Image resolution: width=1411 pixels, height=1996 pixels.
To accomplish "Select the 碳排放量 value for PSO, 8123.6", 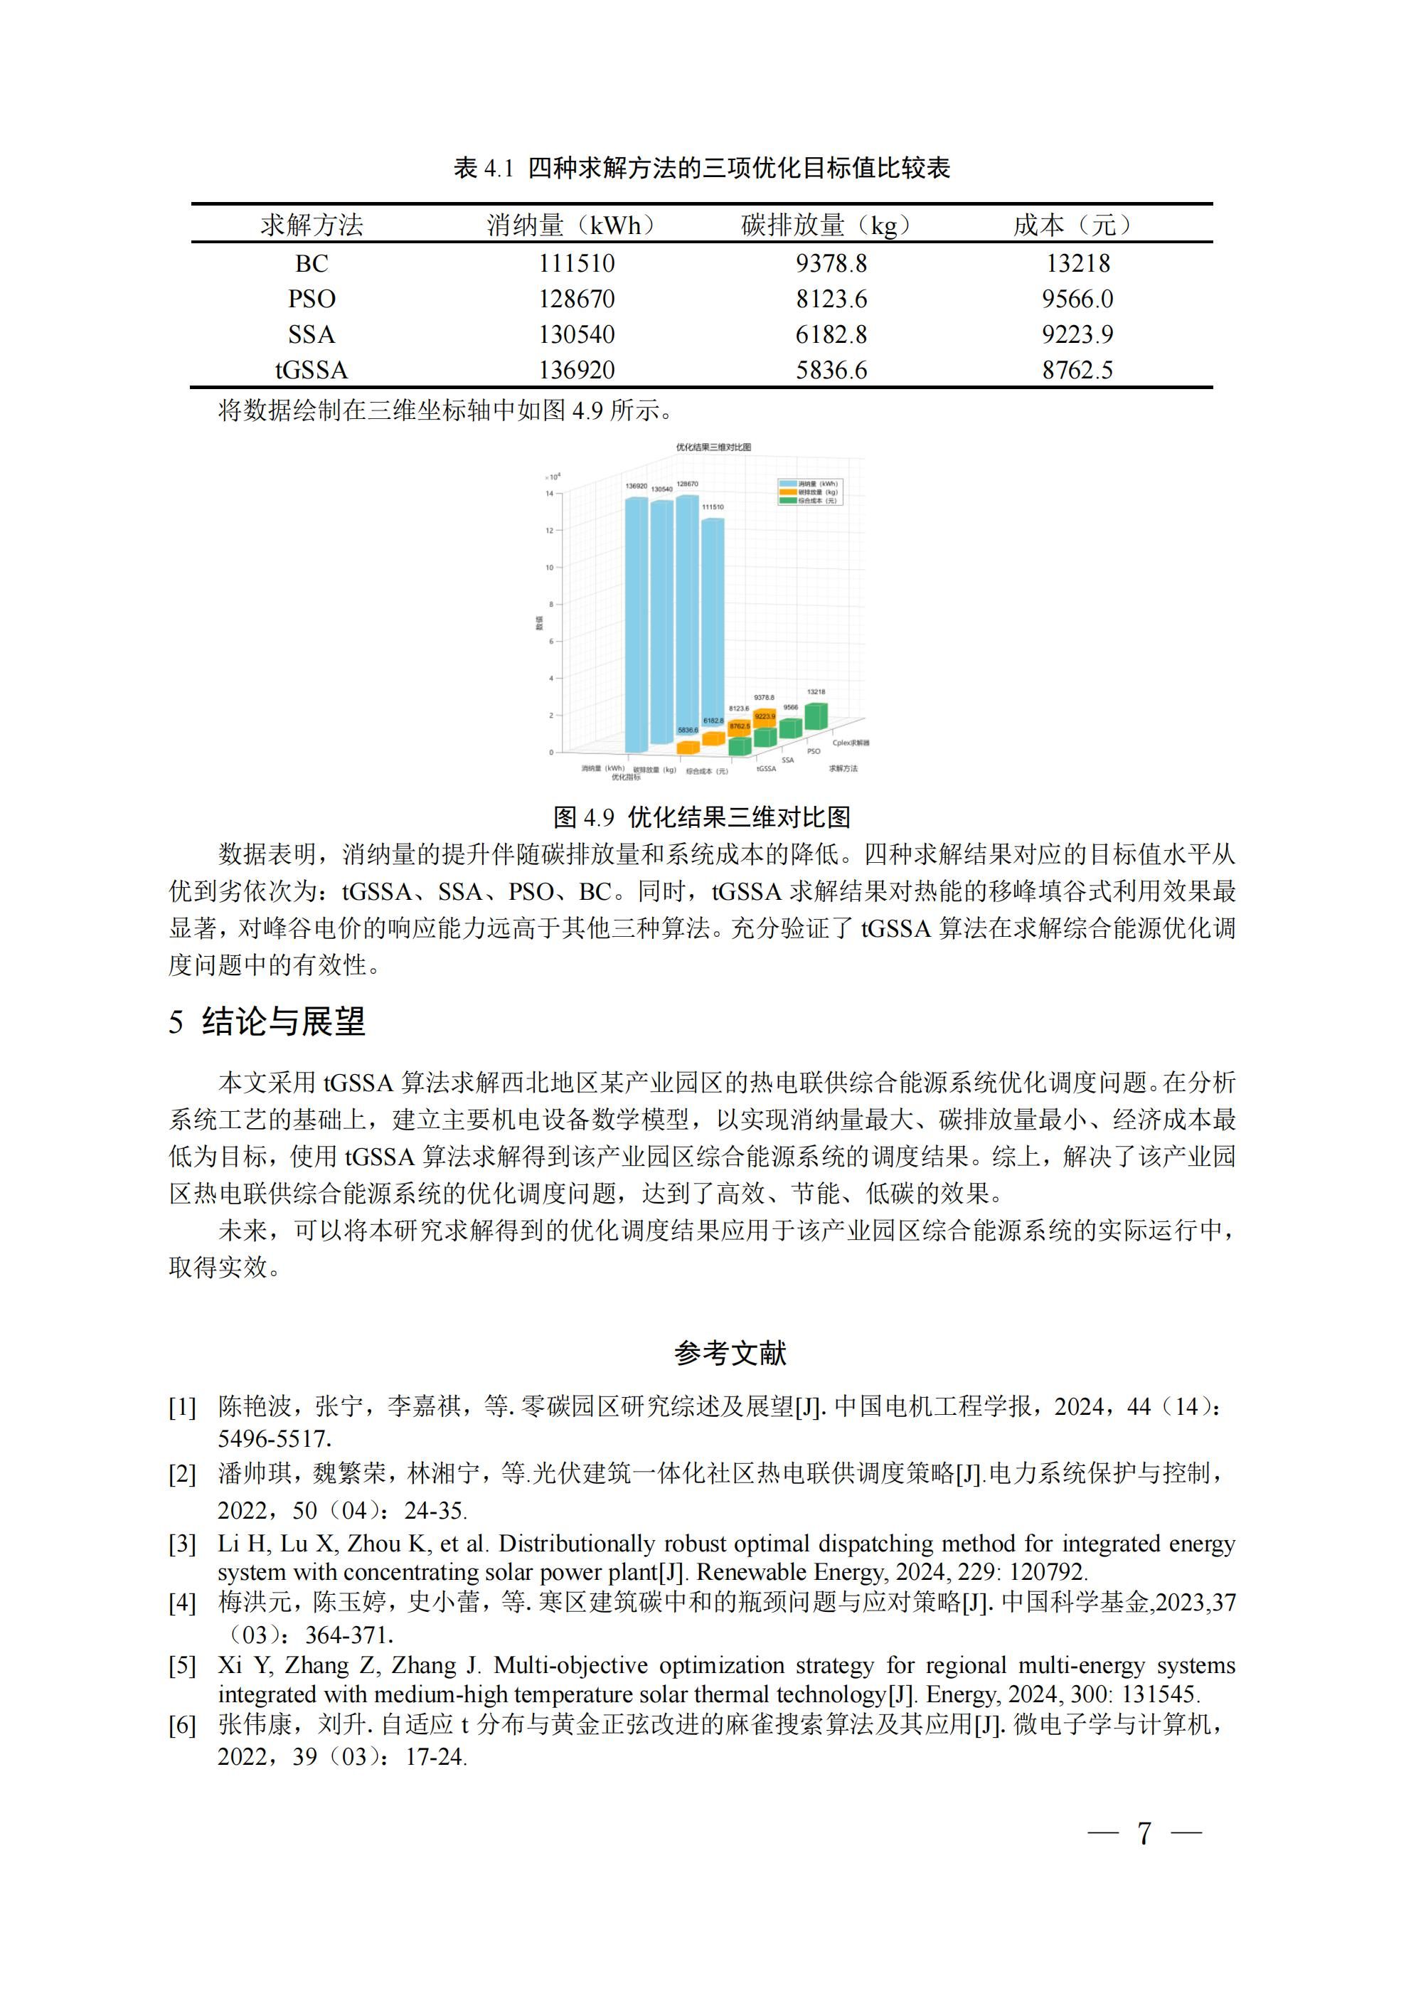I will [x=831, y=299].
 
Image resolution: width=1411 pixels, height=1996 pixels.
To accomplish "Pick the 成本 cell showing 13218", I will [x=1077, y=263].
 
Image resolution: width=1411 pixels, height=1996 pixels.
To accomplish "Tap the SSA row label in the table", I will [x=312, y=335].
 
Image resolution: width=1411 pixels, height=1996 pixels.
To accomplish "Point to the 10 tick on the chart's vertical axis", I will [x=550, y=568].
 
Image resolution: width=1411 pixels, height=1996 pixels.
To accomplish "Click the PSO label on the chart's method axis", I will [x=813, y=751].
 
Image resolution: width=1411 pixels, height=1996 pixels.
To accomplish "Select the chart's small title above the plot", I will [x=713, y=447].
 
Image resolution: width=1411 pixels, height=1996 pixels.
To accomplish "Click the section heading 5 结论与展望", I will [x=267, y=1021].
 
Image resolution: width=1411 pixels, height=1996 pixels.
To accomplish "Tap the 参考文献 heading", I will [x=730, y=1354].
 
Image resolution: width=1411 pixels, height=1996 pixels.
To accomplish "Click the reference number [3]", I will [x=183, y=1544].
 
